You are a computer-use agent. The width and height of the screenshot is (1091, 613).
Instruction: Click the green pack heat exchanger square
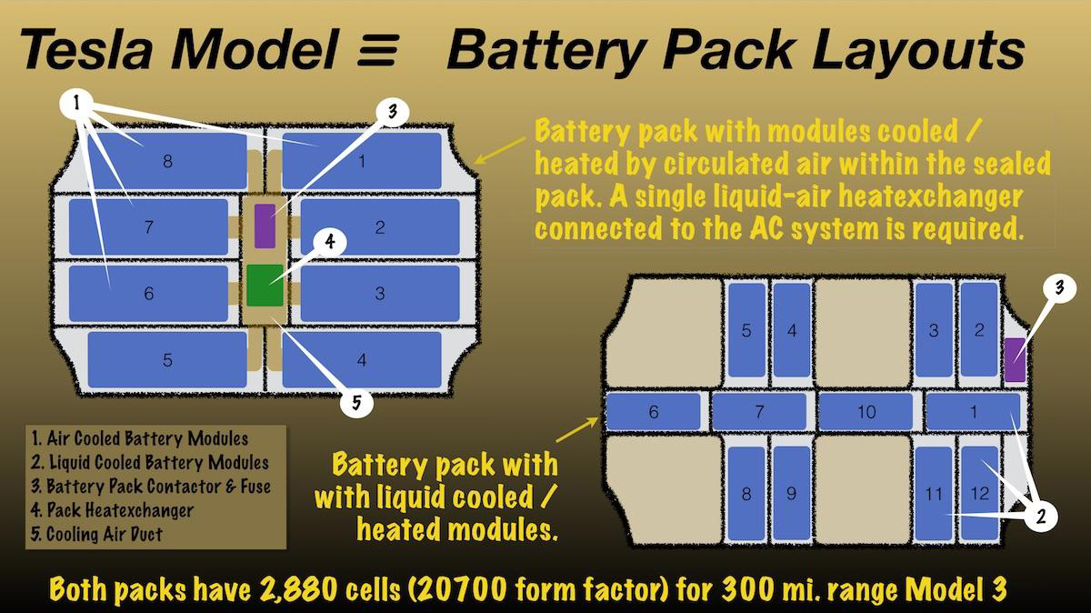(264, 285)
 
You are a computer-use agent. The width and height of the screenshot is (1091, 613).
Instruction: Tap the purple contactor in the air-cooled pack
(264, 226)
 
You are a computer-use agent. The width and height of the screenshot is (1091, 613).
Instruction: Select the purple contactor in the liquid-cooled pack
(1015, 359)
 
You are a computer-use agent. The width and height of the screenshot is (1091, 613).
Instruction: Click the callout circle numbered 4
(331, 242)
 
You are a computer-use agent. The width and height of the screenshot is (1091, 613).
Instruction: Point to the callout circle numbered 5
(356, 402)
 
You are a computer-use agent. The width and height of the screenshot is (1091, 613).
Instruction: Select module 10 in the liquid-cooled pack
(866, 412)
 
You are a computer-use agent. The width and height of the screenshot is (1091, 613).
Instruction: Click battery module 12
(979, 494)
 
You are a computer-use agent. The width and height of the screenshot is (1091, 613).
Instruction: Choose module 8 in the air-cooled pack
(165, 162)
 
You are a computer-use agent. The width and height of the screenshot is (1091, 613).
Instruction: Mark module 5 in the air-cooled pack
(167, 359)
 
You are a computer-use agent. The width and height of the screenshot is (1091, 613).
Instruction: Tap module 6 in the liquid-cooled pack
(653, 412)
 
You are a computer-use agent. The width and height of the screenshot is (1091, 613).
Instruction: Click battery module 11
(934, 494)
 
